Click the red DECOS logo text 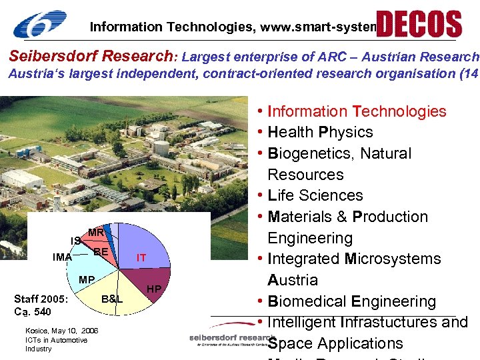tap(419, 23)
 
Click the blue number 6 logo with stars tap(40, 25)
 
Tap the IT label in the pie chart tap(141, 257)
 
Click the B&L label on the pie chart tap(112, 299)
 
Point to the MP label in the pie tap(87, 279)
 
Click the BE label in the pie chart tap(101, 252)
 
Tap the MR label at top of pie tap(96, 233)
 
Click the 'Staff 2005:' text tap(41, 299)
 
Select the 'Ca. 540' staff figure tap(33, 311)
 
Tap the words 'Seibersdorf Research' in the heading tap(90, 57)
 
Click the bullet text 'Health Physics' tap(320, 132)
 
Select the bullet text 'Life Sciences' tap(315, 195)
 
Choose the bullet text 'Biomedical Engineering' tap(351, 301)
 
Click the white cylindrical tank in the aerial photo tap(161, 147)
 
